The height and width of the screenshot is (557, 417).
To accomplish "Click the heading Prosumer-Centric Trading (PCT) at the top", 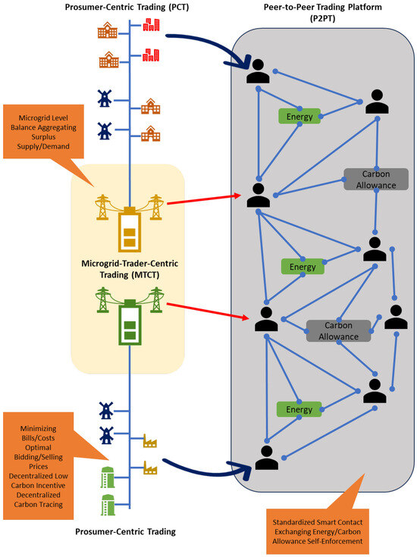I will (129, 8).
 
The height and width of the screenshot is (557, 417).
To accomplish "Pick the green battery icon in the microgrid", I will (128, 324).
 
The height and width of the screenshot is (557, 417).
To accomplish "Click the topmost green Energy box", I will (299, 116).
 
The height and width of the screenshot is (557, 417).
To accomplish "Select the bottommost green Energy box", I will (299, 409).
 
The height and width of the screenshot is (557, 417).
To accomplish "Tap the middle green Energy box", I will (303, 266).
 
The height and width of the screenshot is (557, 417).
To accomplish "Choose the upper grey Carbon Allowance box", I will (376, 179).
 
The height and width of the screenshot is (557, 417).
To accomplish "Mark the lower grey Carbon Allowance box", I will (339, 330).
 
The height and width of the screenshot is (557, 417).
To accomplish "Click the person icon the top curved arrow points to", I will (259, 71).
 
